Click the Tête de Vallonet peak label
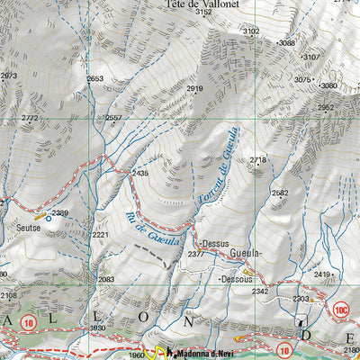pyautogui.click(x=200, y=4)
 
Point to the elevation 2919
pyautogui.click(x=195, y=88)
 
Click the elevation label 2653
pyautogui.click(x=94, y=79)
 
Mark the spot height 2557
pyautogui.click(x=112, y=119)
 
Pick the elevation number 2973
pyautogui.click(x=8, y=76)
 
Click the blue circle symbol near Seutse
pyautogui.click(x=49, y=218)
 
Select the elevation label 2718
pyautogui.click(x=258, y=161)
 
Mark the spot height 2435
pyautogui.click(x=139, y=174)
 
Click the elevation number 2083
pyautogui.click(x=106, y=280)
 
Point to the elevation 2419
pyautogui.click(x=322, y=274)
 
